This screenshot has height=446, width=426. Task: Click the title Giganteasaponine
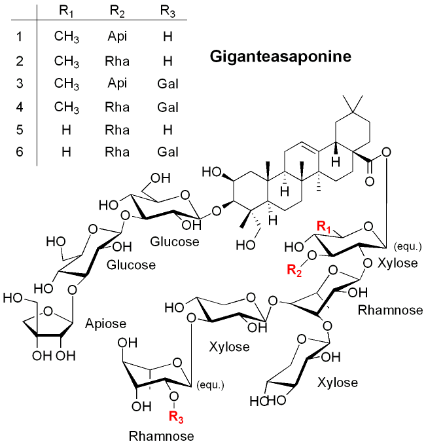[281, 57]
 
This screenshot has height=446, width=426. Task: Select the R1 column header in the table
[66, 11]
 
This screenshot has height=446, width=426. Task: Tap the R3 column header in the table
[168, 11]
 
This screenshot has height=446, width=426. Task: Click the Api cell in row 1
[117, 37]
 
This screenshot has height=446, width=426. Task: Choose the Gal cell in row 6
[168, 153]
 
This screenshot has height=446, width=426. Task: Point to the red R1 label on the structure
[325, 226]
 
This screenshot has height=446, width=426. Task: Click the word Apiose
[105, 324]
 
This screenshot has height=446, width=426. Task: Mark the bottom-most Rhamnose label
[161, 435]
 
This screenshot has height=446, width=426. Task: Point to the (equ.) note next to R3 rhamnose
[209, 385]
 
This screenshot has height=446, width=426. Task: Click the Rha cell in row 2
[117, 60]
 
